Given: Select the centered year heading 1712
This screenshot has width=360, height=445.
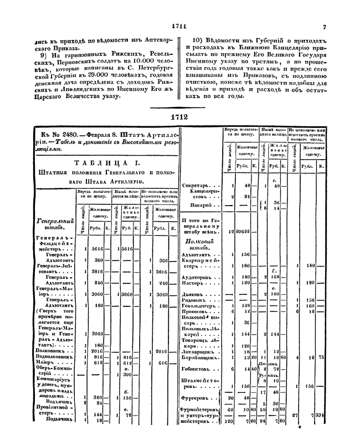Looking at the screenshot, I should [x=179, y=117].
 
